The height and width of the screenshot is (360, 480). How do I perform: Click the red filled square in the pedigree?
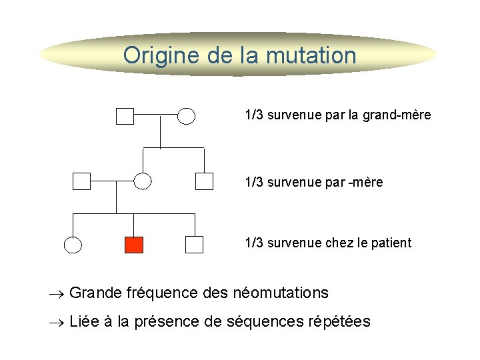[134, 245]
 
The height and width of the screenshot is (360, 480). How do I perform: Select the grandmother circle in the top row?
[187, 117]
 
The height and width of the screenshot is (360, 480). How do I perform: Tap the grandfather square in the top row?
[125, 117]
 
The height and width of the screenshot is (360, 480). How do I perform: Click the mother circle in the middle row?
[143, 181]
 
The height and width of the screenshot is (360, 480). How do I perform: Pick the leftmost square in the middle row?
[81, 181]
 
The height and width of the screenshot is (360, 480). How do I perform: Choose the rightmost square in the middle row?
[204, 181]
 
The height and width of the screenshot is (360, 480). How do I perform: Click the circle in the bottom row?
[73, 245]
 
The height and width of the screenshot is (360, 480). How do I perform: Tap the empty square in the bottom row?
[194, 245]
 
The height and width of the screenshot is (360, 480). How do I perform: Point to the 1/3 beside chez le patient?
[254, 243]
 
